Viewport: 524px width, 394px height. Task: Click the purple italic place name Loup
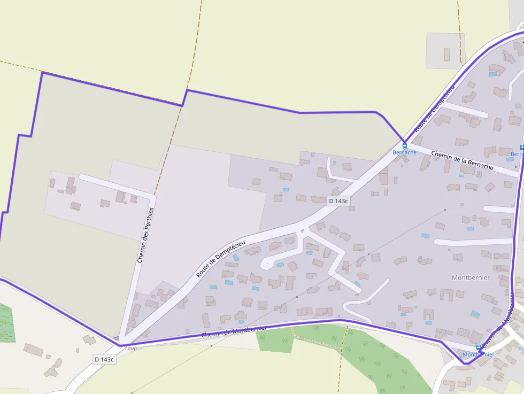click(131, 349)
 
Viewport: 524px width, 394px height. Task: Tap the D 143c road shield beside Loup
click(104, 359)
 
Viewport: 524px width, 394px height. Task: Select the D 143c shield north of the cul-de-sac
click(338, 201)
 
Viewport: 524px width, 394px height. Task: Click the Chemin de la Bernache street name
click(462, 160)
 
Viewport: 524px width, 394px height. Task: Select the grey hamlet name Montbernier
click(471, 277)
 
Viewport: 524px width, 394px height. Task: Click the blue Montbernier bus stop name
click(478, 354)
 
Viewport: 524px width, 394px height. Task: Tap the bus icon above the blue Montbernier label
click(478, 347)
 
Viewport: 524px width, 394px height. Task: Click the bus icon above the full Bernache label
click(404, 145)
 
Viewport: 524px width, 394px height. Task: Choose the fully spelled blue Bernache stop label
click(404, 152)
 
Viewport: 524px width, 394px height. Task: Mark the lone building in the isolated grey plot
click(447, 54)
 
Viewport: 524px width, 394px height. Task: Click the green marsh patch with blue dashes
click(7, 323)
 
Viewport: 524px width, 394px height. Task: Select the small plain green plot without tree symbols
click(276, 341)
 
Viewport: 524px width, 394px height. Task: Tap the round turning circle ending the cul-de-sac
click(264, 264)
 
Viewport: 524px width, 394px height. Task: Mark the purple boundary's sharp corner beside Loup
click(119, 345)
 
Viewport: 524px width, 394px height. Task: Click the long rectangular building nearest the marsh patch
click(33, 350)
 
